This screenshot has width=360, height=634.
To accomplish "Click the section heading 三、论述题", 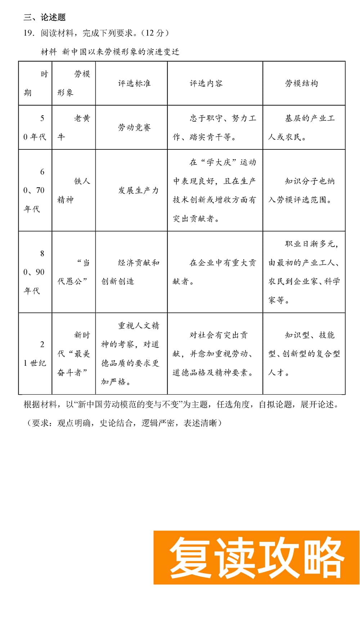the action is [45, 17].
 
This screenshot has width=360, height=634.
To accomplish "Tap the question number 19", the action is [29, 33].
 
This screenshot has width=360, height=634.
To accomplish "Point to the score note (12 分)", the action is [155, 33].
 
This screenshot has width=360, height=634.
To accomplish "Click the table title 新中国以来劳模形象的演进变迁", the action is [121, 52].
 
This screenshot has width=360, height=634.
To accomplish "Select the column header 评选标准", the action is [134, 84].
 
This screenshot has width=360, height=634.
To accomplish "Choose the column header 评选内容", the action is [206, 84].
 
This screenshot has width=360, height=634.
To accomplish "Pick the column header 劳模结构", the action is [301, 84].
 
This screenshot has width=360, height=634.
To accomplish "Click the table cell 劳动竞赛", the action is [134, 127].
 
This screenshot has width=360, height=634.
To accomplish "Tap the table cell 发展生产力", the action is [139, 190].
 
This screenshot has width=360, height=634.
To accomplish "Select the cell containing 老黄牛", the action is [73, 127].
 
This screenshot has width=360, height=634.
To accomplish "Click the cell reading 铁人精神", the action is [73, 190].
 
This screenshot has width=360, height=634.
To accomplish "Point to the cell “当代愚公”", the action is [73, 272].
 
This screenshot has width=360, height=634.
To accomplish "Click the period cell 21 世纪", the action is [35, 354].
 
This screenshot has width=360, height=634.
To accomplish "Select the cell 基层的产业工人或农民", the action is [302, 127].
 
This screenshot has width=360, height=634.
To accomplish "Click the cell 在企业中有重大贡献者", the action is [215, 272].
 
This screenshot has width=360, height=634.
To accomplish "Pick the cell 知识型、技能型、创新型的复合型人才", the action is [304, 354].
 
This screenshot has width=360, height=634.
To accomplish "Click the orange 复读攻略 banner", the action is [256, 557].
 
